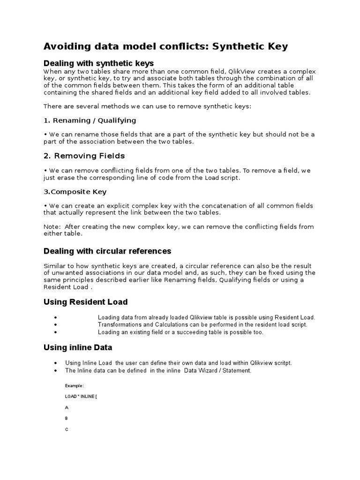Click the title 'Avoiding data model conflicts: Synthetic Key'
(165, 46)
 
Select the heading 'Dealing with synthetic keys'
(98, 63)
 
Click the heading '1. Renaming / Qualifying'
(90, 120)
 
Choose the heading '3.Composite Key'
(75, 191)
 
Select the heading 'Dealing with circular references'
(107, 251)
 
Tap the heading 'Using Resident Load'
(85, 302)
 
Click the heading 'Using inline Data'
(78, 347)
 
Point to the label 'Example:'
(75, 385)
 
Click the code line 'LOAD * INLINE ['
(81, 397)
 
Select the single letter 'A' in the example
(67, 407)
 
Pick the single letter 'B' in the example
(67, 418)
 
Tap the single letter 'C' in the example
(67, 429)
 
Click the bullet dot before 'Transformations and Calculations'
(56, 325)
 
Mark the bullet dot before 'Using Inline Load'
(56, 363)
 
